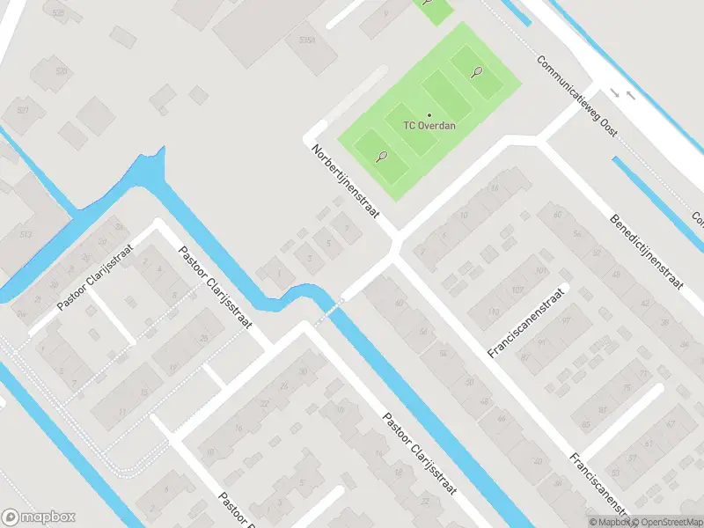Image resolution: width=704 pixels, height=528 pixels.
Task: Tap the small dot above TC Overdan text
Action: click(x=429, y=114)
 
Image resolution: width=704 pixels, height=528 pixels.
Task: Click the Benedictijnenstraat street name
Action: click(x=647, y=252)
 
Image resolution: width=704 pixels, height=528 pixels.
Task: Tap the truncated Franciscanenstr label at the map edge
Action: click(x=598, y=485)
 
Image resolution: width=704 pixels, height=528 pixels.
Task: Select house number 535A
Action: click(x=306, y=40)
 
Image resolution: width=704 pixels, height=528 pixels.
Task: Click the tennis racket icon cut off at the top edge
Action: click(x=428, y=2)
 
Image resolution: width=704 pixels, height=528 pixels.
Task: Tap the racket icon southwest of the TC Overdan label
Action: click(x=381, y=157)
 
